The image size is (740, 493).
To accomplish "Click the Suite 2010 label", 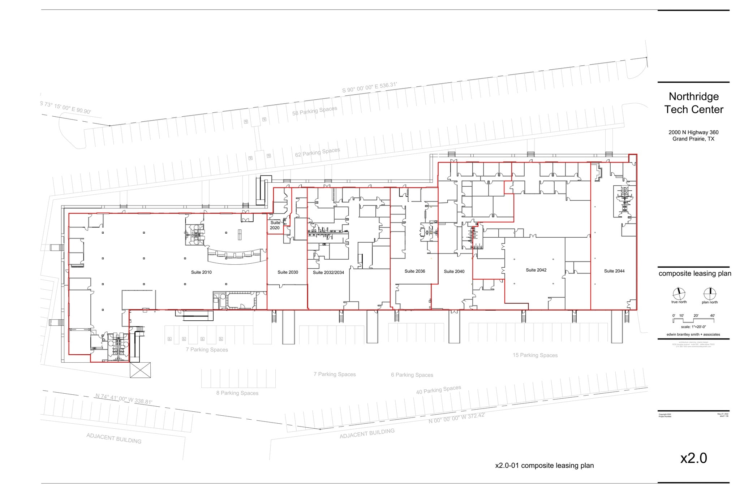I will [x=201, y=272].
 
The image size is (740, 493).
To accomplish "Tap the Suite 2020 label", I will [x=275, y=225].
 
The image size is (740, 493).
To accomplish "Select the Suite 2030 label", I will [x=288, y=272].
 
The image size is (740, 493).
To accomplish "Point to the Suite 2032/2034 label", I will [x=328, y=273].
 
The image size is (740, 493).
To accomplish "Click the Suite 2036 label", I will [x=414, y=271].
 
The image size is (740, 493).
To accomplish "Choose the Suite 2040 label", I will [x=454, y=272].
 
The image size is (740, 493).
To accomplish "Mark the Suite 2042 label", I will [x=536, y=270].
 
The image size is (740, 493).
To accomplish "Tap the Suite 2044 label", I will [x=614, y=271].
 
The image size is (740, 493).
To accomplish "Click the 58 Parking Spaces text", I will [x=314, y=111].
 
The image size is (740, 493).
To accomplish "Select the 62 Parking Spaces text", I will [x=317, y=152].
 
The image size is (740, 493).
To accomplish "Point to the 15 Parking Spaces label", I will [x=535, y=355].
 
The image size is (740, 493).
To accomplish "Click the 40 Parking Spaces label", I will [x=438, y=390].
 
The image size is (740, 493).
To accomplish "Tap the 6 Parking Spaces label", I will [x=412, y=375].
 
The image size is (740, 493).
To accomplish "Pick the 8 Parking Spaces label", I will [x=237, y=393].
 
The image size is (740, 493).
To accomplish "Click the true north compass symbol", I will [x=679, y=293].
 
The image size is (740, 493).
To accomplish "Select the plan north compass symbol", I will [x=710, y=293].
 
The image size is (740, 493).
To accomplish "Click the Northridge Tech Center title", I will [x=693, y=103].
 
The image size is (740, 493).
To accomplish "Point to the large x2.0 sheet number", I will [x=693, y=458].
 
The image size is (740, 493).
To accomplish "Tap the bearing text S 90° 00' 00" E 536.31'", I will [x=369, y=87].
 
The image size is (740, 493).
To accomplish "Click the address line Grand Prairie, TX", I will [x=693, y=139].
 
